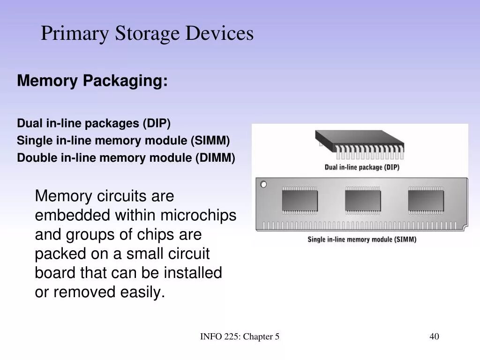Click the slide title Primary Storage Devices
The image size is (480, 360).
coord(147,34)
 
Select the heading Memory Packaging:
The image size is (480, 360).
coord(92,81)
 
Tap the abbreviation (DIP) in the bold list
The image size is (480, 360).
coord(157,123)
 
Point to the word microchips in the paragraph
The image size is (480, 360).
coord(198,215)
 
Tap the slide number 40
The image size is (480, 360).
coord(434,337)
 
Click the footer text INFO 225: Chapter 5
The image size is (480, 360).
coord(240,337)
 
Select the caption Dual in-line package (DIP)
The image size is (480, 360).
coord(362,167)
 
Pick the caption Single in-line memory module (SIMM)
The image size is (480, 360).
coord(361,240)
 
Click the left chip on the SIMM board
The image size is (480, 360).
coord(299,200)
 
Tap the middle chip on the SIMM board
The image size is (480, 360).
coord(362,200)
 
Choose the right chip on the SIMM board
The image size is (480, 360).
coord(425,200)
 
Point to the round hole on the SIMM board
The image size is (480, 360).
coord(263,184)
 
